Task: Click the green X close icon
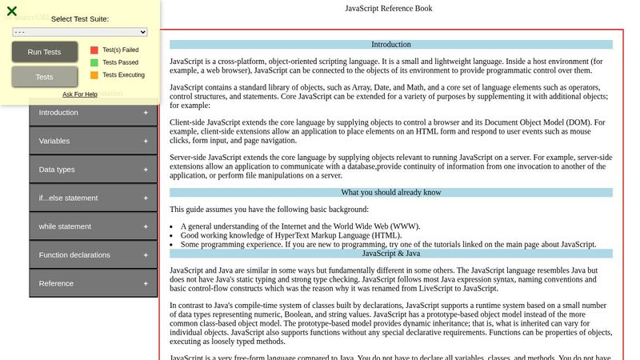pos(12,11)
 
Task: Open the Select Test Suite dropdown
pos(80,32)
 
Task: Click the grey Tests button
pos(45,77)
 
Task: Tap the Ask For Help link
pos(80,94)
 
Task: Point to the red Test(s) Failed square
pos(94,50)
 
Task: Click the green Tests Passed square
pos(94,62)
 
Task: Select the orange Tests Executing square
pos(94,75)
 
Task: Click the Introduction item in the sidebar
pos(59,113)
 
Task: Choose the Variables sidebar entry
pos(54,141)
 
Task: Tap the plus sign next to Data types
pos(146,170)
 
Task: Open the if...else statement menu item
pos(68,198)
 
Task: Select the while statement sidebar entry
pos(65,226)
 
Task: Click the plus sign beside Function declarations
pos(146,255)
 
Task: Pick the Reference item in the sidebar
pos(56,283)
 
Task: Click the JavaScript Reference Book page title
pos(389,9)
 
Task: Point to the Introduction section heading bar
pos(391,45)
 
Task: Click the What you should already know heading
pos(391,192)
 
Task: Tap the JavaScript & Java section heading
pos(391,254)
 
